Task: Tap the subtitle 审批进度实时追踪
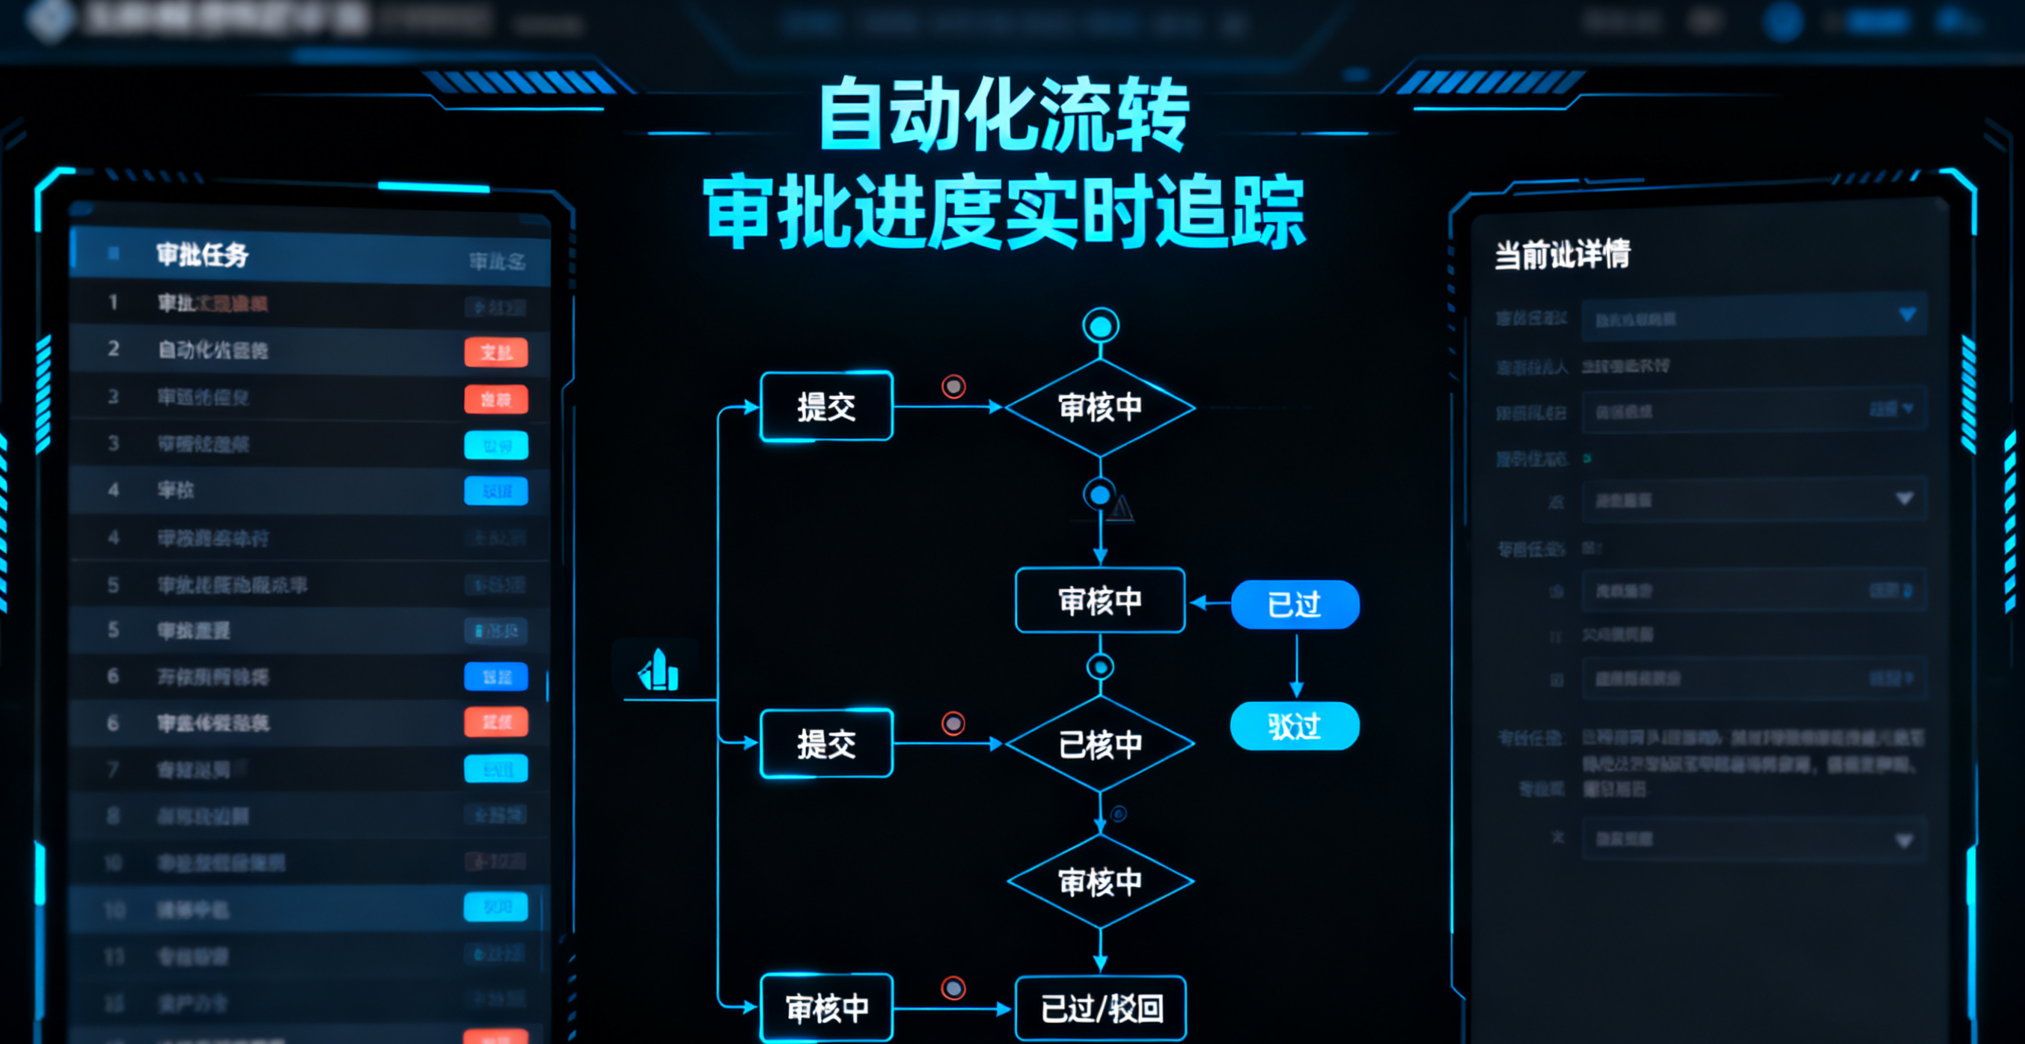click(x=1004, y=213)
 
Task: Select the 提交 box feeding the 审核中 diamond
click(x=826, y=406)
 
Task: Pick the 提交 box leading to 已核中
click(x=826, y=744)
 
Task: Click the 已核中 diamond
click(x=1100, y=744)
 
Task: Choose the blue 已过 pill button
click(x=1295, y=605)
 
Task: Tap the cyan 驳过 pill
click(x=1295, y=726)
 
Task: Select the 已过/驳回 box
click(x=1101, y=1008)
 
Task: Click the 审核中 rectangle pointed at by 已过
click(x=1100, y=601)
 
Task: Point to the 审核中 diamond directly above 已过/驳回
click(x=1100, y=882)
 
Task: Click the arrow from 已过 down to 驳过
click(x=1296, y=665)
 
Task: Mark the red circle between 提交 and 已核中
click(x=953, y=723)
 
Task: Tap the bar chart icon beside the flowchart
click(x=659, y=671)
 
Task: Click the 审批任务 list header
click(x=202, y=254)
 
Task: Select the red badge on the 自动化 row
click(x=496, y=352)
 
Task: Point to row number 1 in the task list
click(x=113, y=302)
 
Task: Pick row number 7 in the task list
click(x=113, y=769)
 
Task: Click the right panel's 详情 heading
click(x=1562, y=254)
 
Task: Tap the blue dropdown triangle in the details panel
click(x=1907, y=314)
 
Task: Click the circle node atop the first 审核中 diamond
click(x=1101, y=326)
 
